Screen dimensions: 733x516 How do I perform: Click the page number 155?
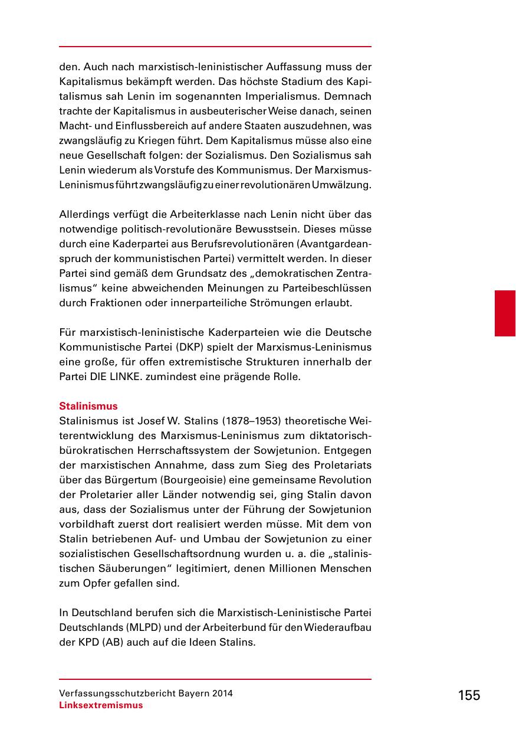point(469,695)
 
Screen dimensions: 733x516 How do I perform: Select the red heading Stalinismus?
point(88,406)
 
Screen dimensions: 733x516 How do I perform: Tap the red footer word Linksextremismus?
point(101,705)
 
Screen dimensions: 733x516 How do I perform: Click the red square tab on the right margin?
point(505,313)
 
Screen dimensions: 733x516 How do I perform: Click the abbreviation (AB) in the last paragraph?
point(112,642)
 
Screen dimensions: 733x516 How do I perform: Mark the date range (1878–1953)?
point(244,421)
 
